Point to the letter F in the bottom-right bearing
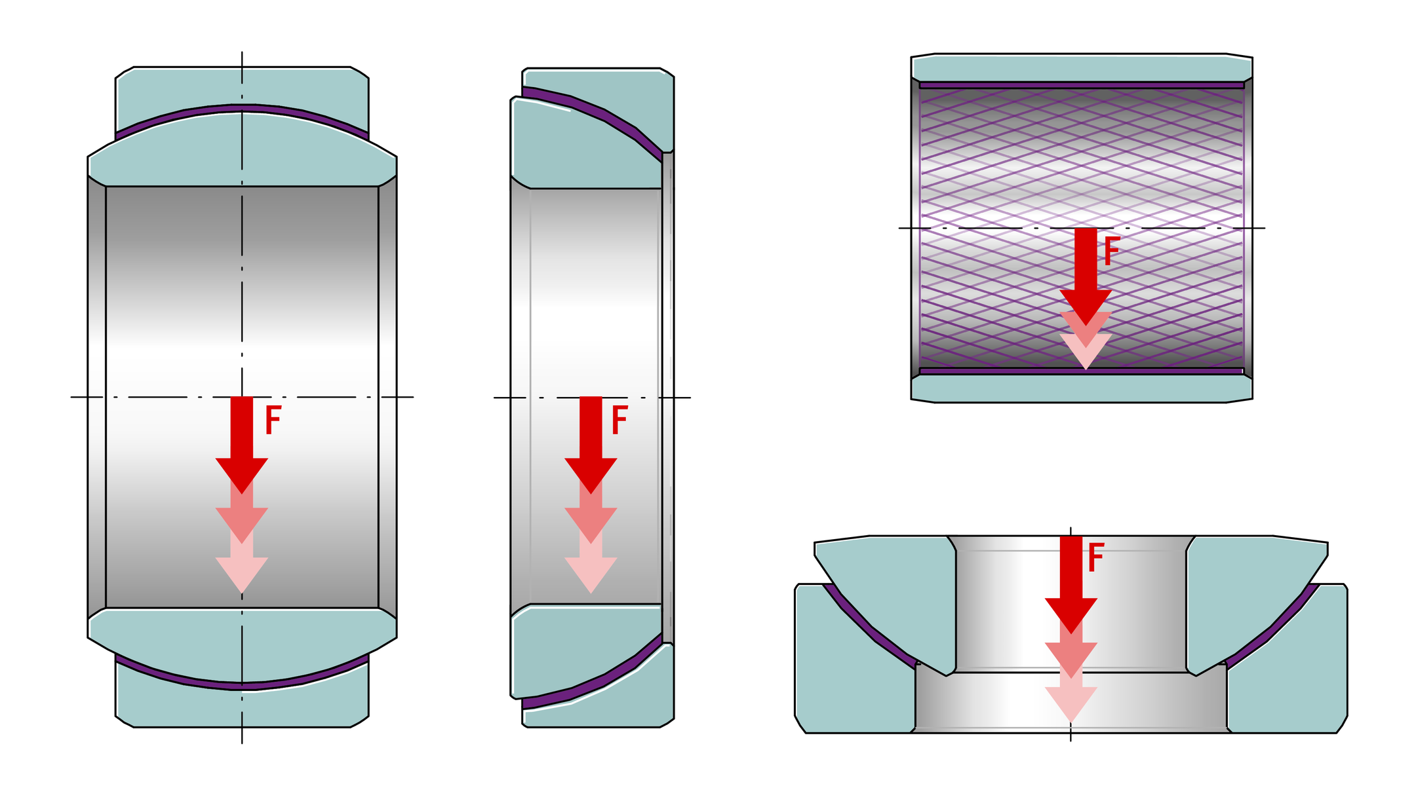pyautogui.click(x=1096, y=558)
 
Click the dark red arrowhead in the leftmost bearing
pyautogui.click(x=242, y=474)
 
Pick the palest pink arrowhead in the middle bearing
pyautogui.click(x=591, y=575)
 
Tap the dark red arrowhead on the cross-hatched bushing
pyautogui.click(x=1086, y=307)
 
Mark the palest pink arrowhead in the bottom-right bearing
pyautogui.click(x=1071, y=704)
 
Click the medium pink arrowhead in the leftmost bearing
pyautogui.click(x=242, y=525)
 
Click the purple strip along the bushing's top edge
pyautogui.click(x=1082, y=85)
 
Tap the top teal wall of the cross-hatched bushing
pyautogui.click(x=1082, y=67)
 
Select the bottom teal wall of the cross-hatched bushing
pyautogui.click(x=1082, y=388)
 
